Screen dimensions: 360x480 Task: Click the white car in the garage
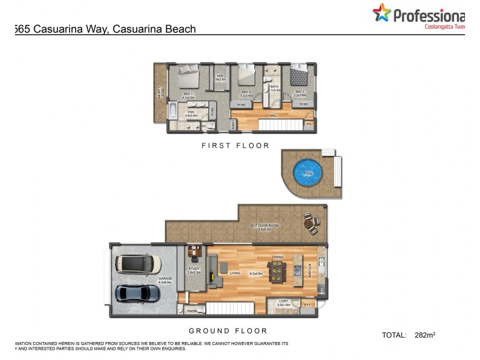139,263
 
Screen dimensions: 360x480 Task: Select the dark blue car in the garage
138,293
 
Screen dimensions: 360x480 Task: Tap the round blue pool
308,173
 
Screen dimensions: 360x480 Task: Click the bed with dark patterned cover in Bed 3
299,77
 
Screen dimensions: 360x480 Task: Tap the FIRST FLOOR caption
235,146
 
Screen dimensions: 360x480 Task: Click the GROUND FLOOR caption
228,331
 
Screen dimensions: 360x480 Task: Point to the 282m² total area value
425,335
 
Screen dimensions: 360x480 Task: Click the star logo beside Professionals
381,13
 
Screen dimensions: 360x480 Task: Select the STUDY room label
194,269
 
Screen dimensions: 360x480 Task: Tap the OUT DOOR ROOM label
261,226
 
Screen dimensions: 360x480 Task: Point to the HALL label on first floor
273,115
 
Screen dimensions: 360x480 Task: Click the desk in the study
194,250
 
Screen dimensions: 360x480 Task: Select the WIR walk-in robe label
220,76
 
